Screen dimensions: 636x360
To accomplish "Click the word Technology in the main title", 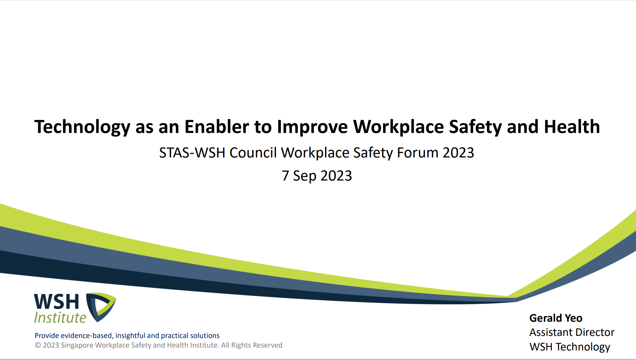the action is click(82, 127).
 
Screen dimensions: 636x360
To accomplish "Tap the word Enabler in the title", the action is click(217, 127).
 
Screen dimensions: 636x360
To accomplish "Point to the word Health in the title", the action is click(572, 127).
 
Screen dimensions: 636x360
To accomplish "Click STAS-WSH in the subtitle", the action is click(192, 153).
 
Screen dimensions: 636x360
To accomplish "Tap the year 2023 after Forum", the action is click(458, 153).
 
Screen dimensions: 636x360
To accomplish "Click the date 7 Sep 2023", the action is click(317, 176).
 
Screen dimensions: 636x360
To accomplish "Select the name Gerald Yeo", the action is click(556, 318).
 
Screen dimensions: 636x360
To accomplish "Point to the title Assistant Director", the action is click(572, 332).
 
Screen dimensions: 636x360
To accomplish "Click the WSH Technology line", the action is click(570, 347).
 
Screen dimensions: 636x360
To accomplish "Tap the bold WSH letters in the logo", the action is click(56, 302).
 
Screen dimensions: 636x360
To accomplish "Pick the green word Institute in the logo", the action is click(60, 317).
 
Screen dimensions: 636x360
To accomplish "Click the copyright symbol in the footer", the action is click(38, 345).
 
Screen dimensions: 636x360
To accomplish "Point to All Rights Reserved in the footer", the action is click(252, 345).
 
